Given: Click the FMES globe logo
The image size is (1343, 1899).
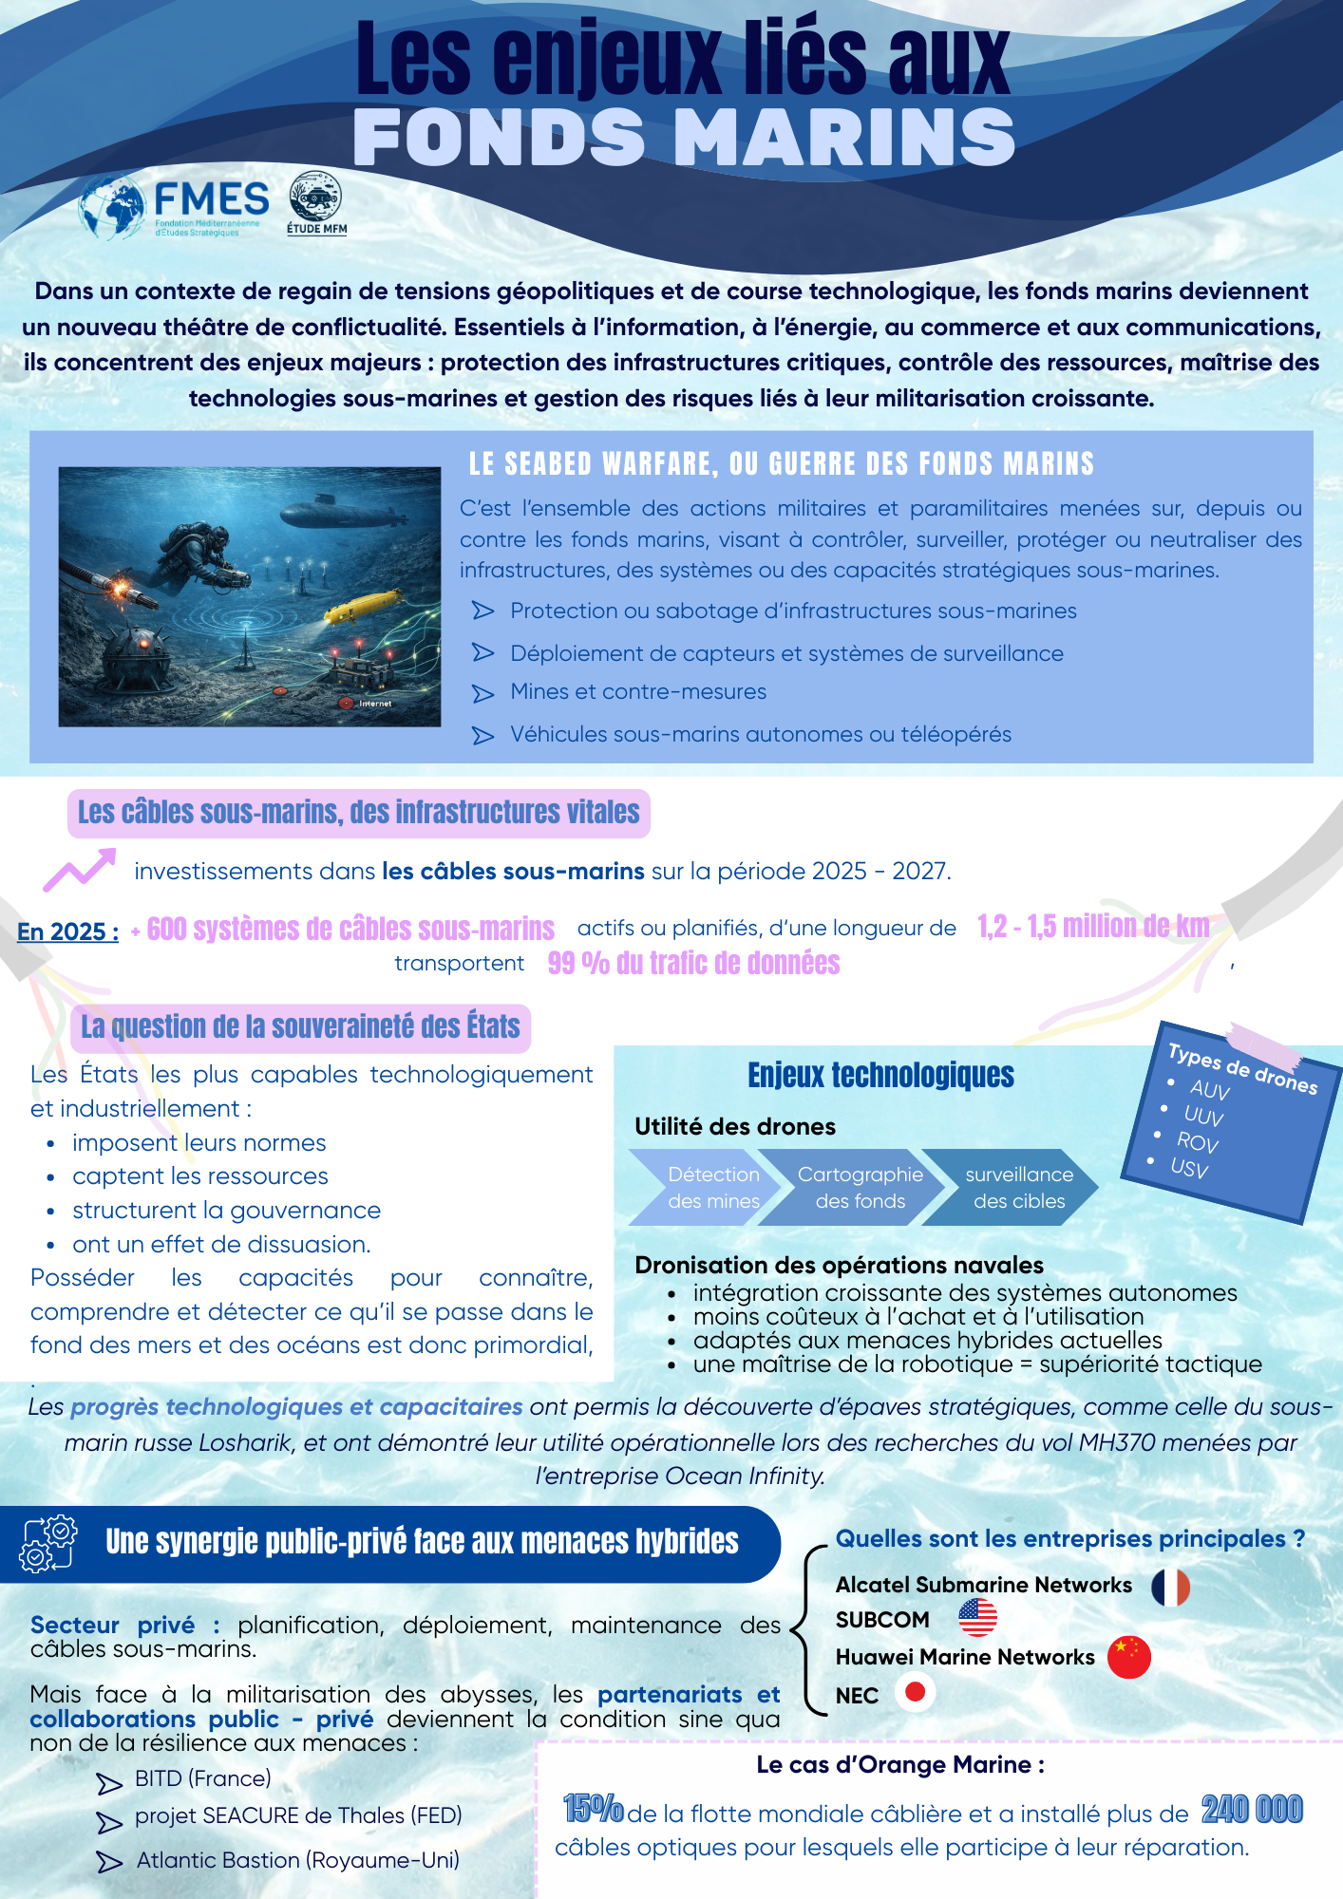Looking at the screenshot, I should click(111, 207).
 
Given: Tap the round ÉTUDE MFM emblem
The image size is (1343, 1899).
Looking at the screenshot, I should click(315, 197).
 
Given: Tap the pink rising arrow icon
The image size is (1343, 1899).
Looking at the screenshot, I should click(80, 869).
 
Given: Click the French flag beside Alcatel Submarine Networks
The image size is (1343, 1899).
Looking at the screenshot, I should click(1170, 1587).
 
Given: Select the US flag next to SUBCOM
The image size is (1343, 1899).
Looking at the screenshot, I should click(977, 1618).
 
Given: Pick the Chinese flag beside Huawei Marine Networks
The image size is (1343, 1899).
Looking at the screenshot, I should click(1128, 1657).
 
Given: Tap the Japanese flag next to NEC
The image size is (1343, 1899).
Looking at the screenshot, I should click(916, 1692).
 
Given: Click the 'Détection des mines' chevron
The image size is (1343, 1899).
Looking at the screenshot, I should click(707, 1187).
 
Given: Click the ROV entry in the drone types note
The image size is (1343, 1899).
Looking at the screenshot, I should click(1197, 1141).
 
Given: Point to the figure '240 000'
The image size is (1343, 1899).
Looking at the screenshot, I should click(1252, 1810).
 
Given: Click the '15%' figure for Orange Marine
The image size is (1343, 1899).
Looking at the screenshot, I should click(593, 1808).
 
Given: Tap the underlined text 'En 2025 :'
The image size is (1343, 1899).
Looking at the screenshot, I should click(68, 931).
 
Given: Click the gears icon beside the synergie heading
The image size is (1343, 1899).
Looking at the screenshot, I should click(47, 1543).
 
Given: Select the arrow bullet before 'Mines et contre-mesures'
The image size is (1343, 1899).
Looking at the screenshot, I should click(483, 694).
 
